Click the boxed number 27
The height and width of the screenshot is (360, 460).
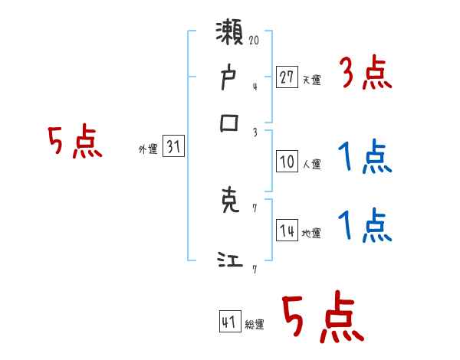(287, 77)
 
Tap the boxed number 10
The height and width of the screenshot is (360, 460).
(287, 162)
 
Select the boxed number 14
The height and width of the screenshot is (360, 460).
(287, 232)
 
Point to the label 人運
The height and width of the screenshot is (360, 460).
(312, 164)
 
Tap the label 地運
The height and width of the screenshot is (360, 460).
(312, 234)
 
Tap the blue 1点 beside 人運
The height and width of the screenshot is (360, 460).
(365, 159)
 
